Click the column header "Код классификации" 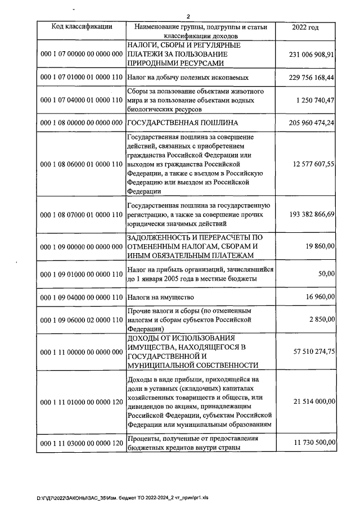82,26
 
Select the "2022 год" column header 305,26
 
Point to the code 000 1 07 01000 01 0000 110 82,77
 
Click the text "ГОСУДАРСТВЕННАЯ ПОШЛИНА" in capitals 182,122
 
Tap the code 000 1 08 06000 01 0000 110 82,164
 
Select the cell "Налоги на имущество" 161,296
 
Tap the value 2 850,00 323,319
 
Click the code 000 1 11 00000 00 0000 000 82,352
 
